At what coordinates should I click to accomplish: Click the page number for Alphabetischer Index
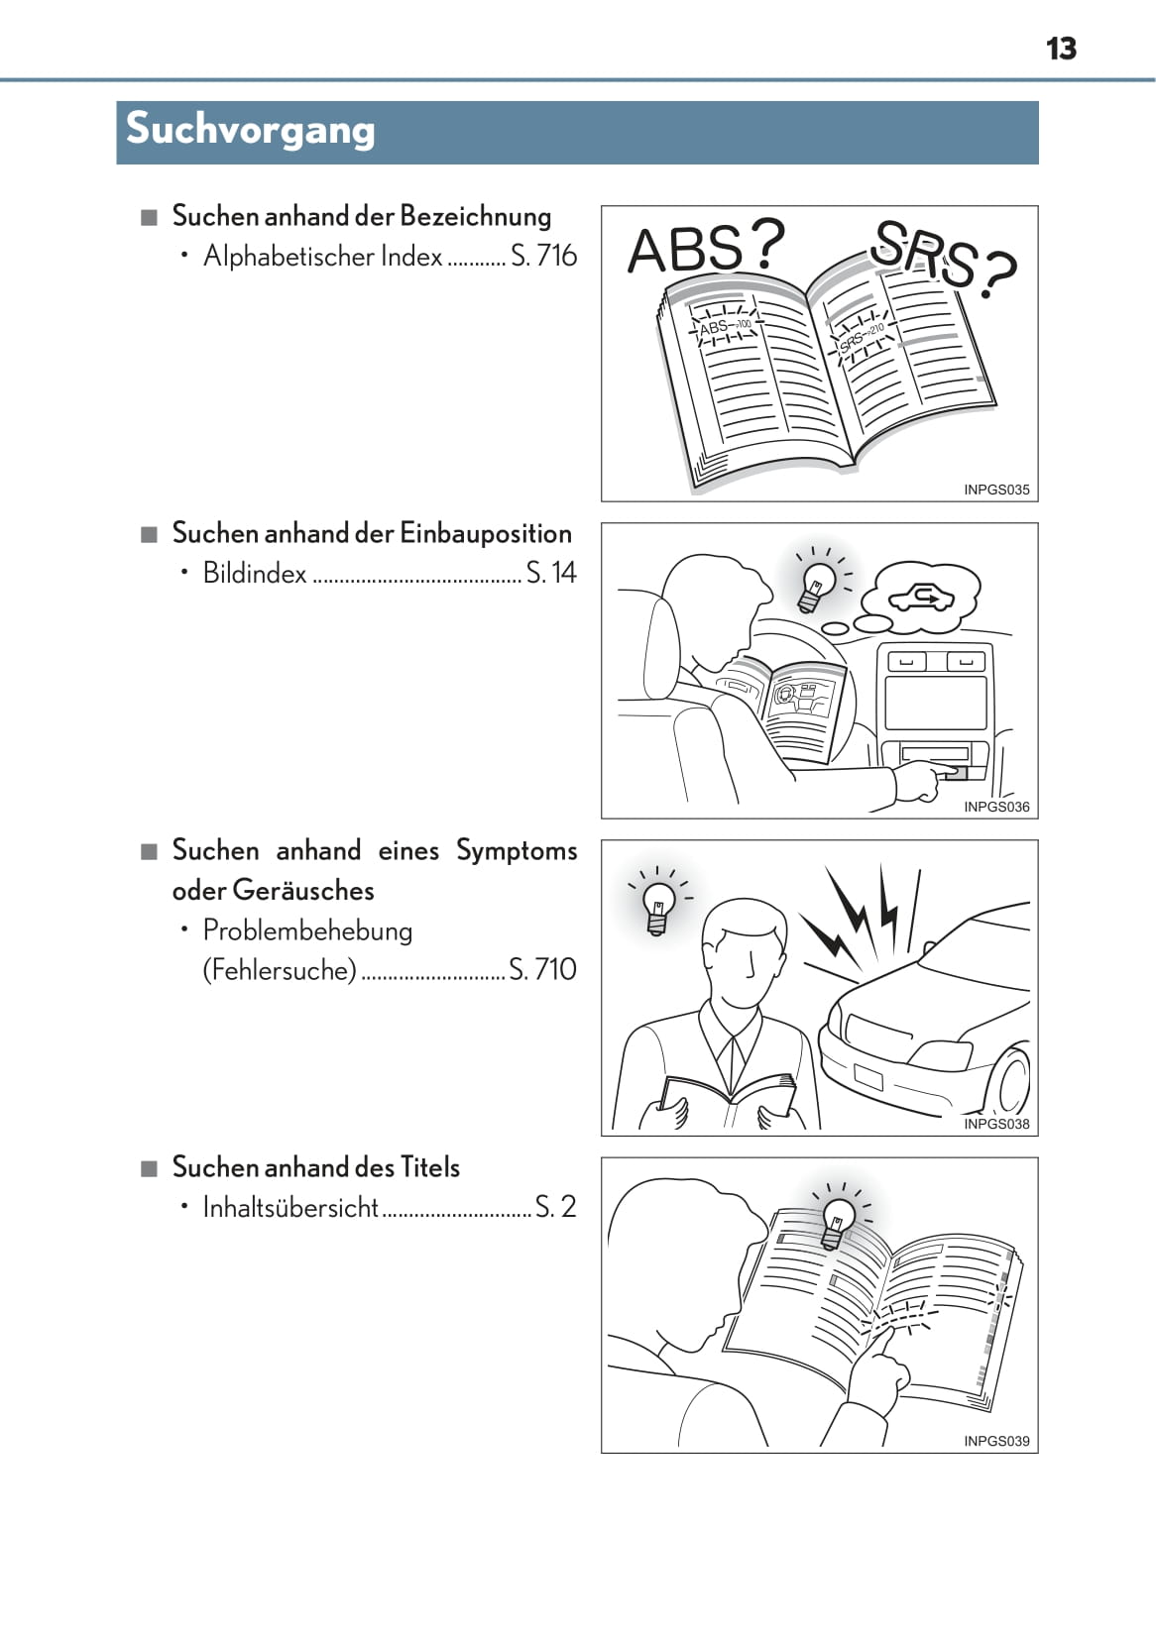(x=544, y=256)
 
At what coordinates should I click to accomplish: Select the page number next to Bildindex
(x=551, y=573)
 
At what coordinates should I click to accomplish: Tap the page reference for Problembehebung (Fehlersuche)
(x=542, y=969)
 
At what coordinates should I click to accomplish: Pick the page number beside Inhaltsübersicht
(x=555, y=1207)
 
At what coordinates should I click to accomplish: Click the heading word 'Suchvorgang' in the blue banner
(x=251, y=130)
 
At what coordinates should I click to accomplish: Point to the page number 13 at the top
(x=1061, y=49)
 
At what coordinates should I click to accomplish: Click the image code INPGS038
(x=996, y=1124)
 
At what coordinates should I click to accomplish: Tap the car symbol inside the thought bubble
(x=922, y=599)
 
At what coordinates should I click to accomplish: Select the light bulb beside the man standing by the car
(x=658, y=908)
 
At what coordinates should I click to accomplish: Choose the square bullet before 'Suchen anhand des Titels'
(x=150, y=1168)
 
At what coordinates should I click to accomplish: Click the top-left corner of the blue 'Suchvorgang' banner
(x=116, y=102)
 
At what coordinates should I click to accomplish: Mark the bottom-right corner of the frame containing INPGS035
(x=1038, y=501)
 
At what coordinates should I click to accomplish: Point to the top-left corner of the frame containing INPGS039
(x=602, y=1157)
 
